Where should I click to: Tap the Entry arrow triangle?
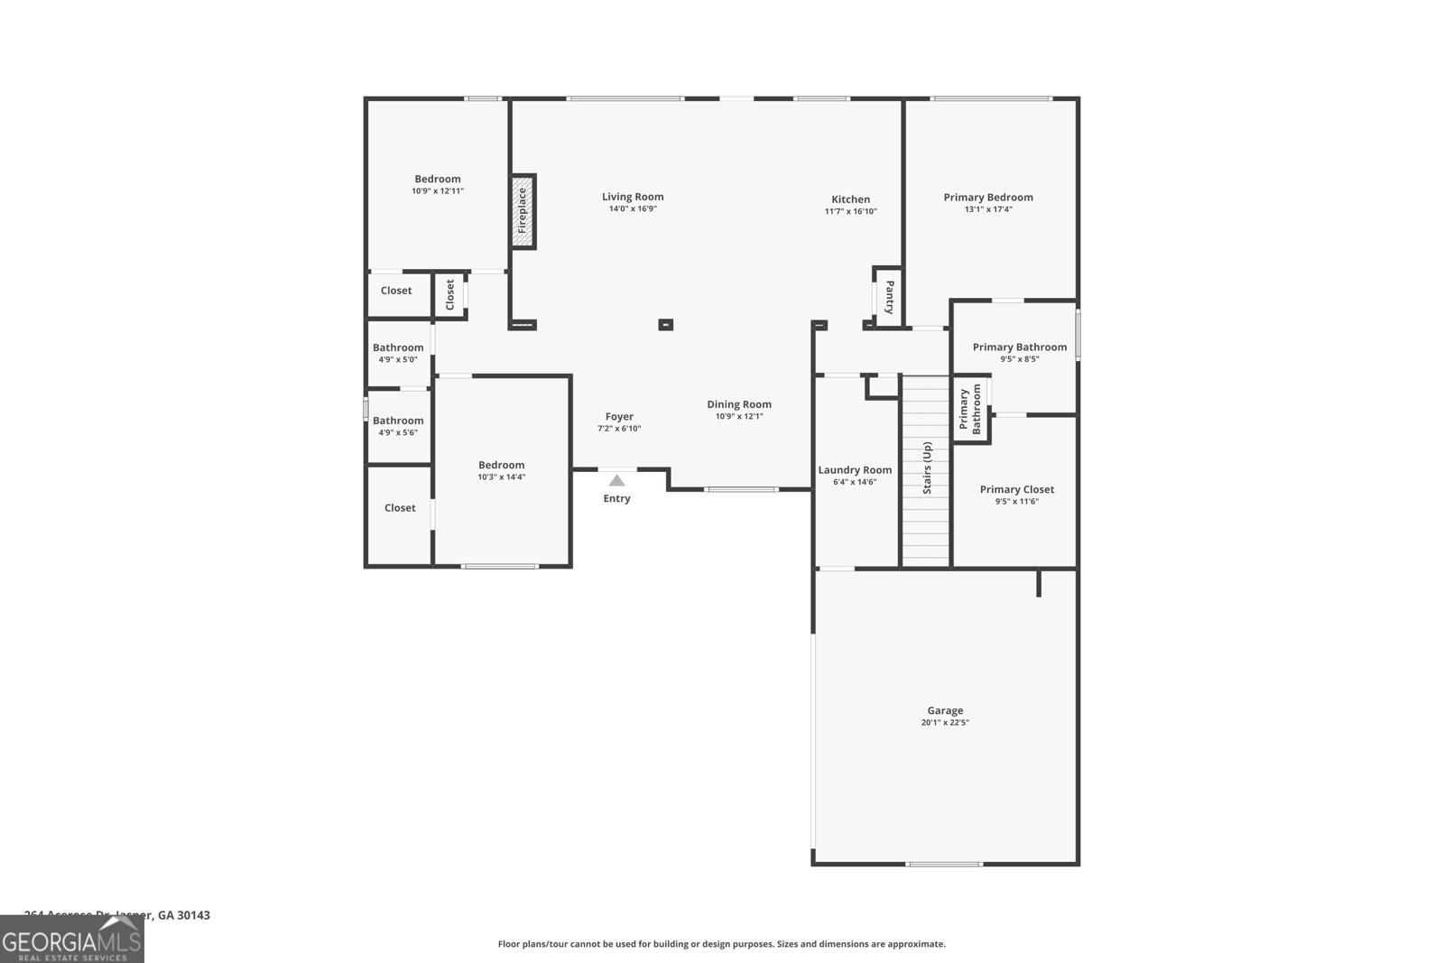[x=616, y=481]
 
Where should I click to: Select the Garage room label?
[x=945, y=710]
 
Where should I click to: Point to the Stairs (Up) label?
[x=927, y=468]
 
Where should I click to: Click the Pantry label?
[x=889, y=296]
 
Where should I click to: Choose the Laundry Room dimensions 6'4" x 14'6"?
[x=855, y=482]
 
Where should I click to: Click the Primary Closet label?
[x=1016, y=489]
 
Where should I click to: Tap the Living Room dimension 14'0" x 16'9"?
[x=633, y=208]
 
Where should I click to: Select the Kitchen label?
[x=850, y=199]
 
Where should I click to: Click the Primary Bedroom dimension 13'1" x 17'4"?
[x=988, y=209]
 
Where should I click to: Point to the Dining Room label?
[x=738, y=404]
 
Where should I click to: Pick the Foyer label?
[x=619, y=416]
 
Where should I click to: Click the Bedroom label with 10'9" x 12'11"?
[x=438, y=179]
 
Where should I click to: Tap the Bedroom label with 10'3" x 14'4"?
[x=501, y=465]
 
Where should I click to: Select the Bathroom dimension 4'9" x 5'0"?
[x=397, y=359]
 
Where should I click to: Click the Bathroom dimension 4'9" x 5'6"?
[x=397, y=432]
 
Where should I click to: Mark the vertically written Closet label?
[x=450, y=294]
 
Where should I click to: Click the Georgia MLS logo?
[x=72, y=940]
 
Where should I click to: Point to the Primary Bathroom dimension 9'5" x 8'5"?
[x=1019, y=358]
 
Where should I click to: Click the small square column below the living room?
[x=665, y=324]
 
